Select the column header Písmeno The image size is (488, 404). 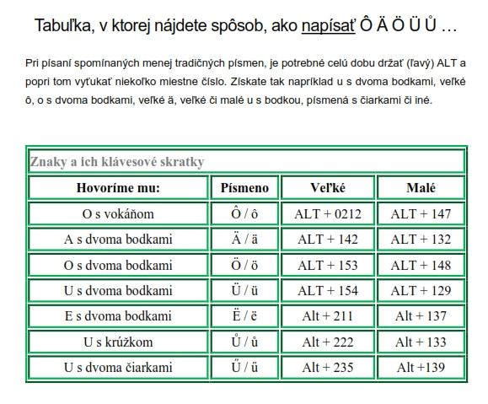[244, 187]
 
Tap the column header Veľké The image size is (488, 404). [326, 187]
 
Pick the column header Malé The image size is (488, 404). [421, 187]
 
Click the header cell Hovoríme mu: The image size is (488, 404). [118, 187]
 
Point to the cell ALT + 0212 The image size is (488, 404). [326, 213]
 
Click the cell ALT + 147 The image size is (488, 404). [421, 213]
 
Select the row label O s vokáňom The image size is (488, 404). [118, 213]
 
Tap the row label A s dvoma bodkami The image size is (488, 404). [118, 240]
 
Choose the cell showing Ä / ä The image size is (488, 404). [244, 240]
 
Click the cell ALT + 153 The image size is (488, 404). [326, 265]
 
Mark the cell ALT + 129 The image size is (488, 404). [421, 291]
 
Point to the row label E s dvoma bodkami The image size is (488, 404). [118, 316]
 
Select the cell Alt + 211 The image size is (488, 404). [326, 316]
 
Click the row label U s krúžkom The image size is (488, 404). [118, 342]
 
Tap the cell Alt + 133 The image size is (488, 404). [421, 342]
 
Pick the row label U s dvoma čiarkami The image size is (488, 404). [118, 368]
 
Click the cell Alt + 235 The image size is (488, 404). [326, 368]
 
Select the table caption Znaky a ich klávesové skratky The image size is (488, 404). [117, 161]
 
